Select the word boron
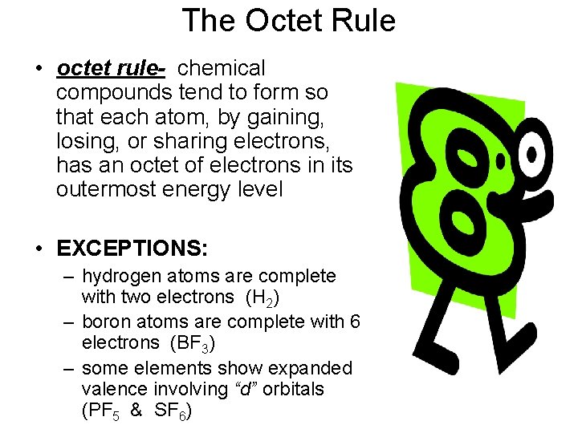pos(107,322)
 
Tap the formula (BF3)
pos(193,343)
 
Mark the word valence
pos(112,389)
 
